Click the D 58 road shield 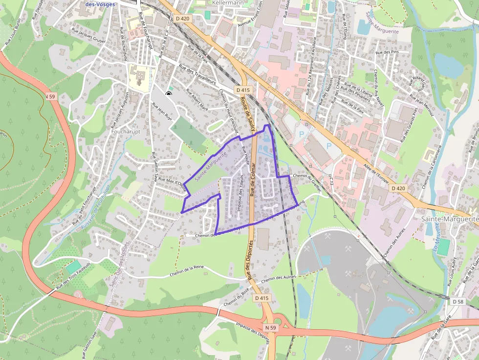(x=457, y=301)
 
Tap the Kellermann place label (x=228, y=2)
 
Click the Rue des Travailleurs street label (x=197, y=75)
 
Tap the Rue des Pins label (x=387, y=52)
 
